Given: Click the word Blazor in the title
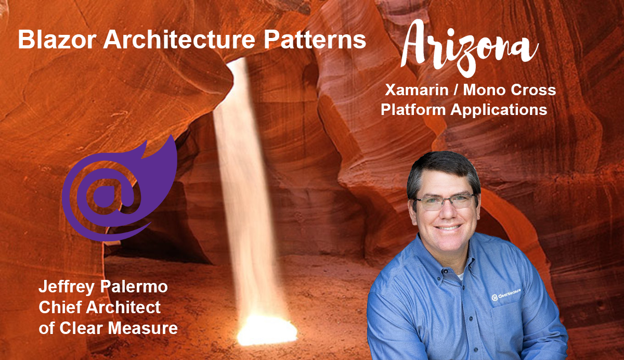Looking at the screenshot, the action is (x=57, y=40).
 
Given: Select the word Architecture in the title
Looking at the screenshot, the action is (x=179, y=40).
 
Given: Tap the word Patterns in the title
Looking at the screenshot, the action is (x=315, y=40).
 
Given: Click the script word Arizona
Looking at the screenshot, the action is (x=470, y=48).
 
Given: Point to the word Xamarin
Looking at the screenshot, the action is (x=417, y=90).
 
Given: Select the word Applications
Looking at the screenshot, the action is (x=499, y=109).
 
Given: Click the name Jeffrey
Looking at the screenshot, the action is (x=67, y=287).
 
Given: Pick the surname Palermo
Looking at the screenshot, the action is (x=134, y=287).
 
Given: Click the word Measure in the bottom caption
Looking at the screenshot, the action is (x=143, y=328).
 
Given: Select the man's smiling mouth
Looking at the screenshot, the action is (x=448, y=227).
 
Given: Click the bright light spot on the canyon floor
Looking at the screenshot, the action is (x=267, y=330).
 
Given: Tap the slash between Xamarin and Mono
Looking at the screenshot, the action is (x=456, y=90).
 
